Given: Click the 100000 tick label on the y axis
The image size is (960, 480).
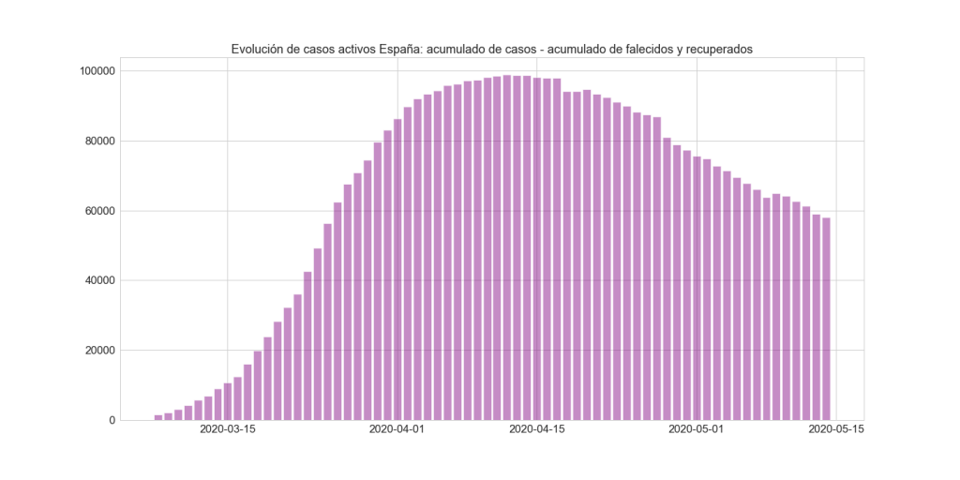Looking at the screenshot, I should click(95, 71).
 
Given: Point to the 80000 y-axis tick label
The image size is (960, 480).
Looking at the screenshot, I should click(97, 142).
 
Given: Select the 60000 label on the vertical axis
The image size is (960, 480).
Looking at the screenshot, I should click(97, 211).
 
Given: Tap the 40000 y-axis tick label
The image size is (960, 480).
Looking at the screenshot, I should click(97, 280).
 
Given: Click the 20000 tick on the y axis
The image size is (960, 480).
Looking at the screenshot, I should click(97, 351).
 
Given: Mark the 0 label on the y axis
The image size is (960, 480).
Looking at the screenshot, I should click(112, 420).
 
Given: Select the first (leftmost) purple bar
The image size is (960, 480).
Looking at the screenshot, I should click(158, 417).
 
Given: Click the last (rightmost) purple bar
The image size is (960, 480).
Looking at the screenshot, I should click(826, 319).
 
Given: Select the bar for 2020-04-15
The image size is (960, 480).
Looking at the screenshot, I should click(537, 249).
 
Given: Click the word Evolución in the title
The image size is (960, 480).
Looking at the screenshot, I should click(259, 48).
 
